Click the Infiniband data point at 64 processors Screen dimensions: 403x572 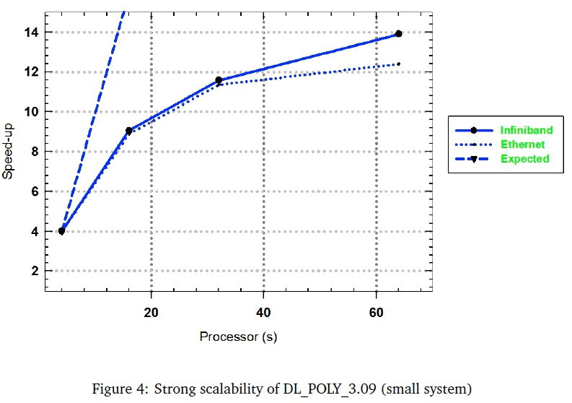pyautogui.click(x=399, y=34)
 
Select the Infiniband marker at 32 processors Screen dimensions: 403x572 pyautogui.click(x=219, y=80)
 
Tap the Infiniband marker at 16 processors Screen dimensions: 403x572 pyautogui.click(x=129, y=131)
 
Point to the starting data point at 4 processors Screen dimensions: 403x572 pyautogui.click(x=62, y=231)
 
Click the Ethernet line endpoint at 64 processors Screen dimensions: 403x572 pyautogui.click(x=399, y=64)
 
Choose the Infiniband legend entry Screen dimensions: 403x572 pyautogui.click(x=526, y=130)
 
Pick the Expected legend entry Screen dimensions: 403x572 pyautogui.click(x=524, y=158)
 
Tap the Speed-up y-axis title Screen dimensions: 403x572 pyautogui.click(x=9, y=152)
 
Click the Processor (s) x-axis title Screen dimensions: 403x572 pyautogui.click(x=238, y=337)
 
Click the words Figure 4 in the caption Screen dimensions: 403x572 pyautogui.click(x=115, y=389)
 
